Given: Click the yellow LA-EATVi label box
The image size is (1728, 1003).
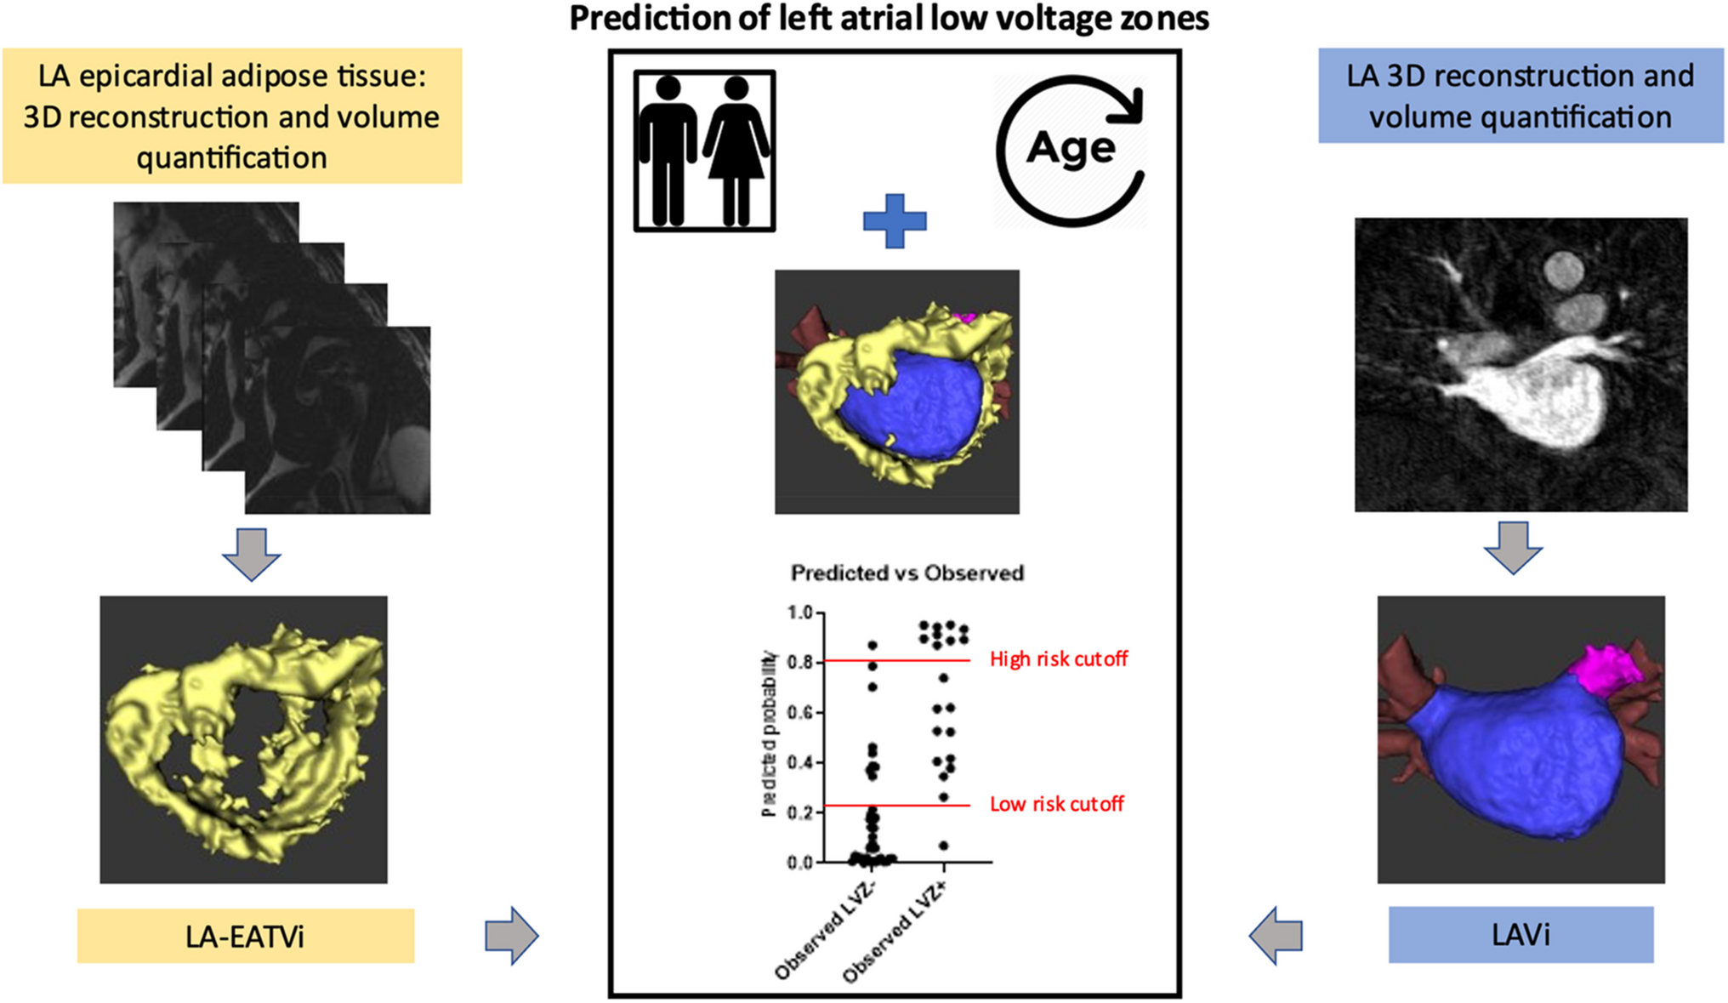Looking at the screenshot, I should pyautogui.click(x=245, y=936).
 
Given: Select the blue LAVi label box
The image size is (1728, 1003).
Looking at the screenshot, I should pyautogui.click(x=1521, y=935).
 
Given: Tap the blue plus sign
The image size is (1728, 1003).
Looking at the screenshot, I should pyautogui.click(x=895, y=221).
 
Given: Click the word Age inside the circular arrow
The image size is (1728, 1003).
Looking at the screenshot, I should pyautogui.click(x=1071, y=150).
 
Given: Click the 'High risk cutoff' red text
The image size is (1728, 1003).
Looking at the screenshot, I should pyautogui.click(x=1059, y=659).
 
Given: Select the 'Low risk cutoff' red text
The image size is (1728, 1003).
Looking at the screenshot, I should pyautogui.click(x=1056, y=804).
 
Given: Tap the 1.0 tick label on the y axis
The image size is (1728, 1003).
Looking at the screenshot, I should pyautogui.click(x=800, y=613).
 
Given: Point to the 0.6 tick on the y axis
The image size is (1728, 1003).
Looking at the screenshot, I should pyautogui.click(x=800, y=712).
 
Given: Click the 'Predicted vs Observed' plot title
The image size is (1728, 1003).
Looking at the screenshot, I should pyautogui.click(x=907, y=573).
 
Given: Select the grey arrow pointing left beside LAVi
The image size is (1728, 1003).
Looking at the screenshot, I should pyautogui.click(x=1276, y=936).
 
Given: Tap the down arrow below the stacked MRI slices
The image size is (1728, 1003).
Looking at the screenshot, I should pyautogui.click(x=252, y=554).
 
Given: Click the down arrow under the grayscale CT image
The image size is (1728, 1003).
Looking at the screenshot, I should pyautogui.click(x=1513, y=547).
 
